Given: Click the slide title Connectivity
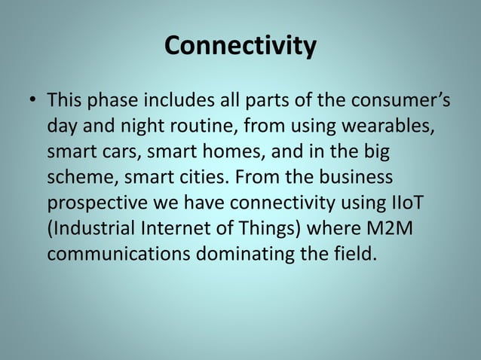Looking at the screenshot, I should coord(240,47).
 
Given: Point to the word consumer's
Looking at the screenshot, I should coord(387,99).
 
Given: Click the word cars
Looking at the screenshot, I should coord(121,151).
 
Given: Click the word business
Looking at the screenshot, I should coord(354,177).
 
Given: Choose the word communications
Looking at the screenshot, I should coord(118,254).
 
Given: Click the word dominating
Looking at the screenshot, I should coord(247,254).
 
